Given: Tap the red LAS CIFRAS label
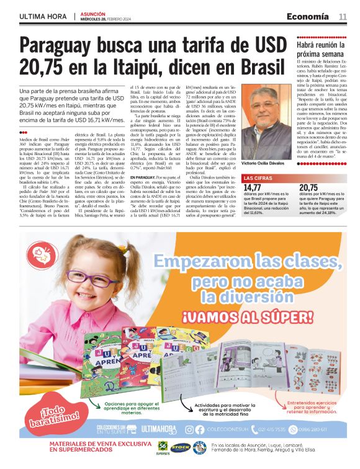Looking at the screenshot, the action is point(257,179).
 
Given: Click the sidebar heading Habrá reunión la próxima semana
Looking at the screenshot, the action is point(321,49).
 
